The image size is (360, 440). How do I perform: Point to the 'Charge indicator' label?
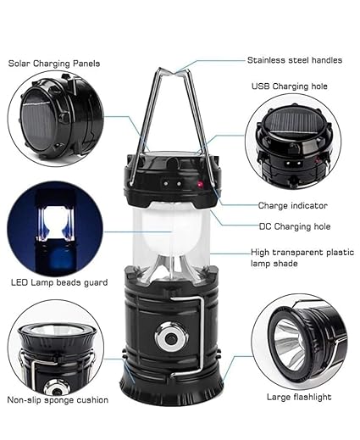[x=292, y=204]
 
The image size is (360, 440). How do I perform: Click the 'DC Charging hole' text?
[x=294, y=226]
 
